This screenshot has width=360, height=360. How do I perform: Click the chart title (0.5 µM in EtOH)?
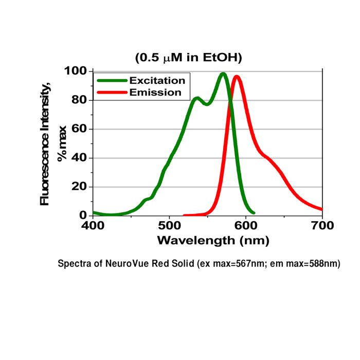click(x=188, y=58)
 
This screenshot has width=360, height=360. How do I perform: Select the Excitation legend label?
click(x=157, y=81)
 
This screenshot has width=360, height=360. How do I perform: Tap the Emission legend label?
click(x=155, y=93)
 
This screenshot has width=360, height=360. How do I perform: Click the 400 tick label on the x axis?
click(x=93, y=225)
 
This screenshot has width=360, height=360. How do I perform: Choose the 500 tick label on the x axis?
click(x=169, y=225)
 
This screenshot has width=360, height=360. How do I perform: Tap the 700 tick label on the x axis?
click(x=322, y=225)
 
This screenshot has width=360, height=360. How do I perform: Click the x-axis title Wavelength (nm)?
click(x=213, y=240)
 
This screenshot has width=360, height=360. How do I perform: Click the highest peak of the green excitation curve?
click(x=223, y=74)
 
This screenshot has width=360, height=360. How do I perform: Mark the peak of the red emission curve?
click(x=237, y=77)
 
